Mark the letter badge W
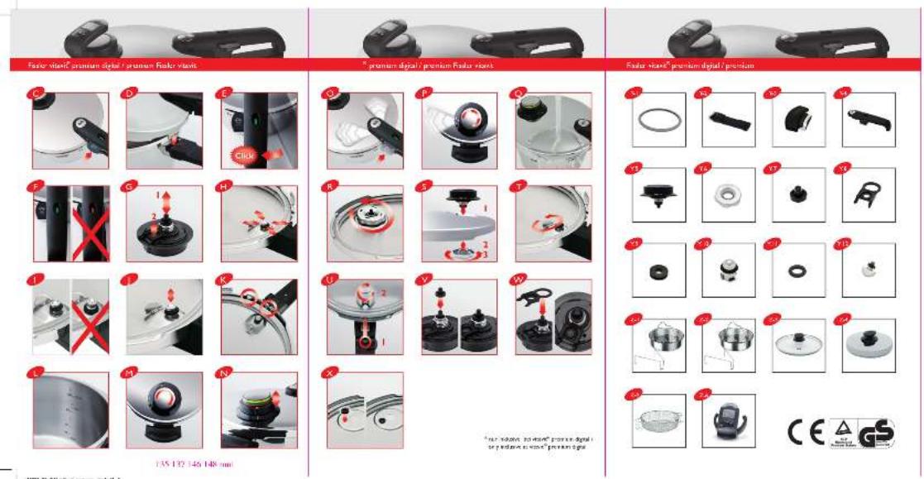coord(518,280)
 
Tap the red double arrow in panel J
coord(170,299)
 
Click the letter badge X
coord(331,374)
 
